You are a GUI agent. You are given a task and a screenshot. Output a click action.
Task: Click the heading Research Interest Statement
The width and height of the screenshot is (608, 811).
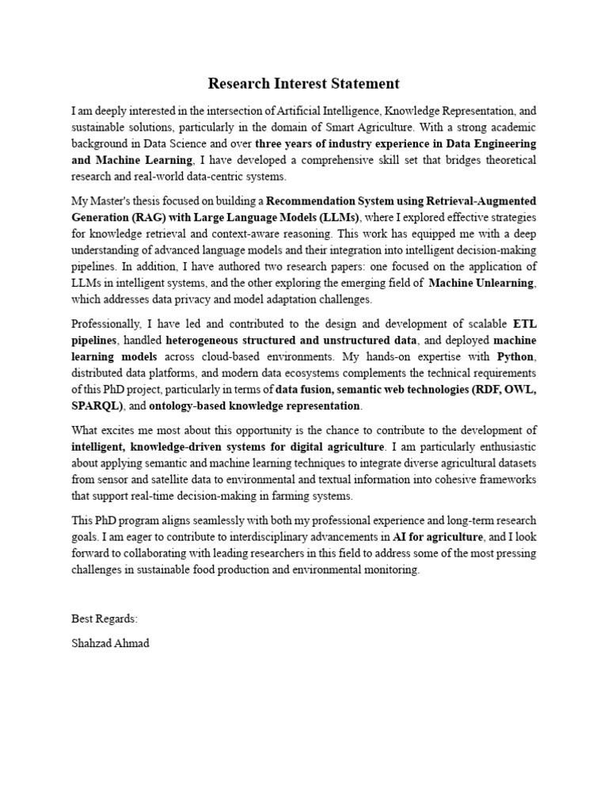[304, 83]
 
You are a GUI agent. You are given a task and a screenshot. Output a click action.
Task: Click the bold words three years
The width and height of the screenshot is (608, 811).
[283, 144]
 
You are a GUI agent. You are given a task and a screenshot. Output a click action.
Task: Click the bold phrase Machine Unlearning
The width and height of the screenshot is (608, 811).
[481, 283]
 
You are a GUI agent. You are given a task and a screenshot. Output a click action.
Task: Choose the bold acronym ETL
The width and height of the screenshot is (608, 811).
[525, 323]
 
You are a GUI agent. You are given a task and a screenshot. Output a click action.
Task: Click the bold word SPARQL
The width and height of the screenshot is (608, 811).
[95, 405]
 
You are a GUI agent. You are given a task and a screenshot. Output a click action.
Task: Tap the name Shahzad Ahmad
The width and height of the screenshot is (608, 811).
[110, 643]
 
